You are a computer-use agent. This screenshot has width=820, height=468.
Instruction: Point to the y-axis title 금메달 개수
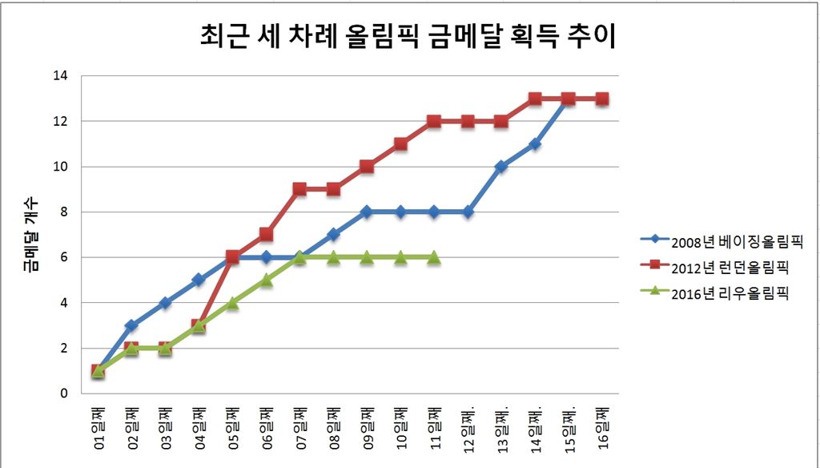(x=32, y=236)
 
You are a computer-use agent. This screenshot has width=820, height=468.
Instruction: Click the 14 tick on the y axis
(x=62, y=76)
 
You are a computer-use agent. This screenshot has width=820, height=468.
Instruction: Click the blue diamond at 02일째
(x=131, y=325)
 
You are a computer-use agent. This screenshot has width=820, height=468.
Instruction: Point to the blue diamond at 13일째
(x=501, y=167)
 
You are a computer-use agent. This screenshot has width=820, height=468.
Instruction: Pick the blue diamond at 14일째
(x=535, y=144)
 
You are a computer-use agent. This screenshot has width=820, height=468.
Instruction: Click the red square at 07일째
(x=299, y=190)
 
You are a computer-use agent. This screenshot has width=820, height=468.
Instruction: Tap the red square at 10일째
(x=400, y=144)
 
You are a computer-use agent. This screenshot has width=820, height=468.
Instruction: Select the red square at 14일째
(x=535, y=99)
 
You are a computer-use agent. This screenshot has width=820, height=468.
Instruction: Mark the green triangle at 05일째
(x=232, y=303)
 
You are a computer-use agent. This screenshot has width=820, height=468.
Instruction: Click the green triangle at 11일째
(x=434, y=257)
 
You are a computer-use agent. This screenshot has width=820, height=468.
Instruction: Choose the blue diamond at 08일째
(x=333, y=235)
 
